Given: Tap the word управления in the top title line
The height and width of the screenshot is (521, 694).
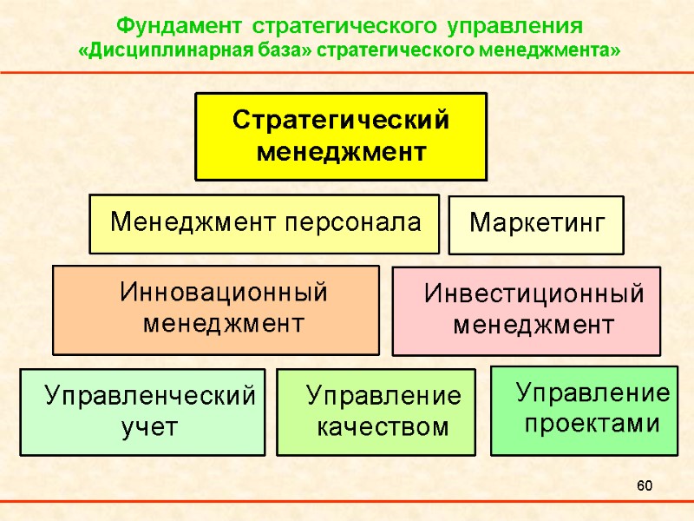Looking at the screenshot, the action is [x=516, y=23].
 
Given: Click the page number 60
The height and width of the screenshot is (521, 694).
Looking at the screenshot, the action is [x=644, y=485].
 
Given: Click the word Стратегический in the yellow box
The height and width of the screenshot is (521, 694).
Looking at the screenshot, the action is [x=341, y=121].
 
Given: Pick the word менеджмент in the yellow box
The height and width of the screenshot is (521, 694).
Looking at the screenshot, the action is [x=341, y=153].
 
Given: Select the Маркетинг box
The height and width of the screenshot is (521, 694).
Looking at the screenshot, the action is [x=535, y=224].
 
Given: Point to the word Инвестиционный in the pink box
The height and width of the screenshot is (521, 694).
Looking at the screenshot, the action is [x=534, y=295].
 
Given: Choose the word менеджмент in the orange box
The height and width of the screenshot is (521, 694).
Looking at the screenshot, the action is [x=224, y=325].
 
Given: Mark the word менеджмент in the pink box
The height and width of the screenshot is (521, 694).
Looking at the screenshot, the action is [x=534, y=326].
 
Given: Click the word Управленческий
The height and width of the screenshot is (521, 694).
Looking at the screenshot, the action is [x=151, y=397].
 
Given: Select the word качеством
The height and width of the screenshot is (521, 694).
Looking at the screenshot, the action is [x=383, y=427].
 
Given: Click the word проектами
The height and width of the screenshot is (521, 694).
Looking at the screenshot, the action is [x=593, y=425].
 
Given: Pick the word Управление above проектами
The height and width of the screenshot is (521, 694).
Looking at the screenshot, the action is [x=593, y=393].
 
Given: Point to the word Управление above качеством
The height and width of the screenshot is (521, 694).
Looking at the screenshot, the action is [x=384, y=397].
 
